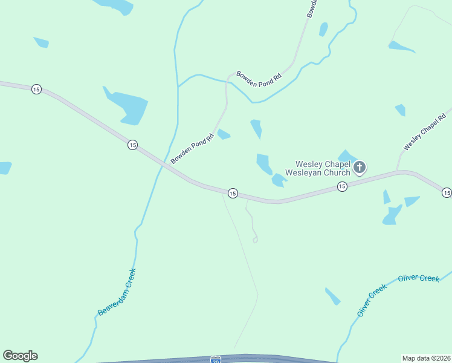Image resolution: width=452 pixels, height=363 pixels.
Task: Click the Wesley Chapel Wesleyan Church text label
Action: pos(322,168)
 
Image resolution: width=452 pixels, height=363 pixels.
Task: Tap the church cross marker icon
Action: pos(360,167)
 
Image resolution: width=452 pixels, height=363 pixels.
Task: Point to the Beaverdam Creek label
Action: pos(117,292)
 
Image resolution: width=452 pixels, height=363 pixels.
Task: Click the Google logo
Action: pos(20,356)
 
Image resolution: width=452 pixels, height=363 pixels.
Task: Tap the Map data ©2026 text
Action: pos(426,358)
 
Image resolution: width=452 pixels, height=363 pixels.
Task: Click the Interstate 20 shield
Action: pos(216,359)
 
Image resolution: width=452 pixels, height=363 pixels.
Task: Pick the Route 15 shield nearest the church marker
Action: pos(342,187)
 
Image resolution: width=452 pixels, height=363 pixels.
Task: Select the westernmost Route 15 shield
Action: pos(36,89)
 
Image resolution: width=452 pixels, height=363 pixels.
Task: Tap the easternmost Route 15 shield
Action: pos(446,192)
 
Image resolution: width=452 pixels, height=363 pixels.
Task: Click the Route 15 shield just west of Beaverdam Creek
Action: pos(132,145)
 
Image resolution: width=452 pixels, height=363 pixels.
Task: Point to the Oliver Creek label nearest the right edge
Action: pos(419,278)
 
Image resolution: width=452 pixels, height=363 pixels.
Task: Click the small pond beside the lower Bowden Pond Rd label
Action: pos(224,134)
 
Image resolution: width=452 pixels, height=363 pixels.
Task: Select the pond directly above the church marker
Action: pos(347,156)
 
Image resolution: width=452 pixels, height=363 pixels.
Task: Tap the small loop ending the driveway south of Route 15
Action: pos(255,240)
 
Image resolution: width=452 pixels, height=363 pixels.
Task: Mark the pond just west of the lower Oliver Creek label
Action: pos(333,296)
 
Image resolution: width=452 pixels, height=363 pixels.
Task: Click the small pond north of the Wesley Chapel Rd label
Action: pos(401,110)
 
